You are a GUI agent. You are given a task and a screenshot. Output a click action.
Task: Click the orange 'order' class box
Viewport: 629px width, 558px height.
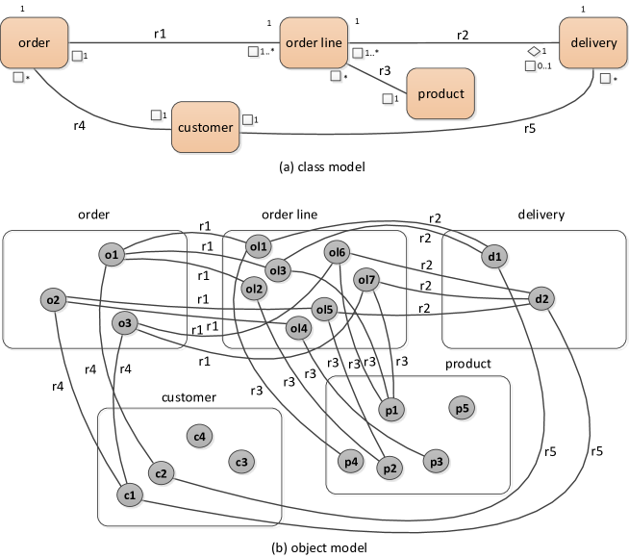(x=34, y=43)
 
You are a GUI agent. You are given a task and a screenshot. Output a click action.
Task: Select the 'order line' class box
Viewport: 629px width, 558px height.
(x=314, y=43)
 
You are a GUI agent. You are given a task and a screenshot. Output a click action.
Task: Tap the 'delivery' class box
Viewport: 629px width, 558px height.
(x=593, y=43)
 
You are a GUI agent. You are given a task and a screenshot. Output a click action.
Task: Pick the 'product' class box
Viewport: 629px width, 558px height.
(x=440, y=94)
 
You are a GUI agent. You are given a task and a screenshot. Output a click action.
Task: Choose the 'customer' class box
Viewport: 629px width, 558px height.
(x=206, y=127)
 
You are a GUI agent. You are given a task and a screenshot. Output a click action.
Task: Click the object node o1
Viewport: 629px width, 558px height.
(x=112, y=255)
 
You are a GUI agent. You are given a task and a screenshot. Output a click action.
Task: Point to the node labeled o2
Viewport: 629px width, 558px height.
(x=54, y=301)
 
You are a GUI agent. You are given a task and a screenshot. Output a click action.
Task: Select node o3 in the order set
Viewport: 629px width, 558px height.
(x=124, y=323)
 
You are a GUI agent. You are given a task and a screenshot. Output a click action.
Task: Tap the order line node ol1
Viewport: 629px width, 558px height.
(x=259, y=246)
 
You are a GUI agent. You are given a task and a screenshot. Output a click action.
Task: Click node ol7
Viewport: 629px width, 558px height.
(x=367, y=281)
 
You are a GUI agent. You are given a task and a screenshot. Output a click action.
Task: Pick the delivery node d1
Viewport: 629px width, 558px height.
(x=495, y=257)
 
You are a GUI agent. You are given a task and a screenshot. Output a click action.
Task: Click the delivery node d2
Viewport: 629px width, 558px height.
(x=541, y=299)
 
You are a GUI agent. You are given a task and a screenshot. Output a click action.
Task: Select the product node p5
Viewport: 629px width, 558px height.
(x=462, y=409)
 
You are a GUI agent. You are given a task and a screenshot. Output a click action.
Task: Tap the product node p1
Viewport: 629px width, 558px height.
(x=391, y=410)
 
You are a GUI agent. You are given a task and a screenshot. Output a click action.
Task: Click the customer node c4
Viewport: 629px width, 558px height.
(x=199, y=437)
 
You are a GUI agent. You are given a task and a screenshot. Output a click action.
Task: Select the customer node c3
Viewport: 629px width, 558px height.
(x=241, y=463)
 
